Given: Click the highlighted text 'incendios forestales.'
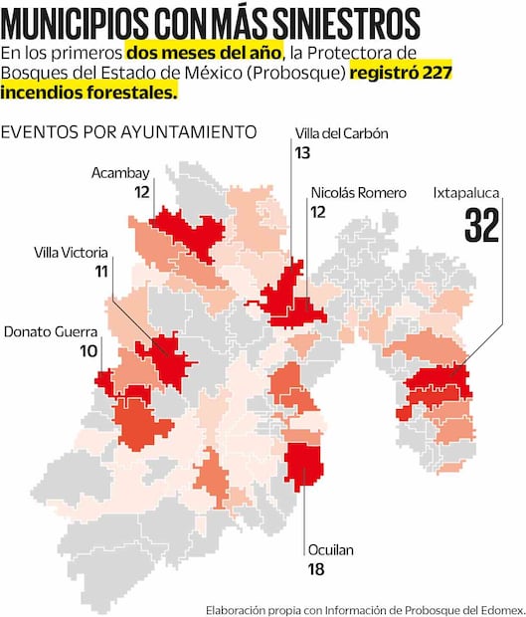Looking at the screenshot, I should [89, 92].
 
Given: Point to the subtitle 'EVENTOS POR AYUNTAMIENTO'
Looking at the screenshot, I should [128, 131].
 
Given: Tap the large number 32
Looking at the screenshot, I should [481, 227].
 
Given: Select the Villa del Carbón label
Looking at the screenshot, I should [341, 134].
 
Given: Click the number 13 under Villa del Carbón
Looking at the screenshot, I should [303, 152].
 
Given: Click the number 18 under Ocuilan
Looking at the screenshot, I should [316, 569].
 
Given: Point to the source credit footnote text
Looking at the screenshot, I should [365, 608].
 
